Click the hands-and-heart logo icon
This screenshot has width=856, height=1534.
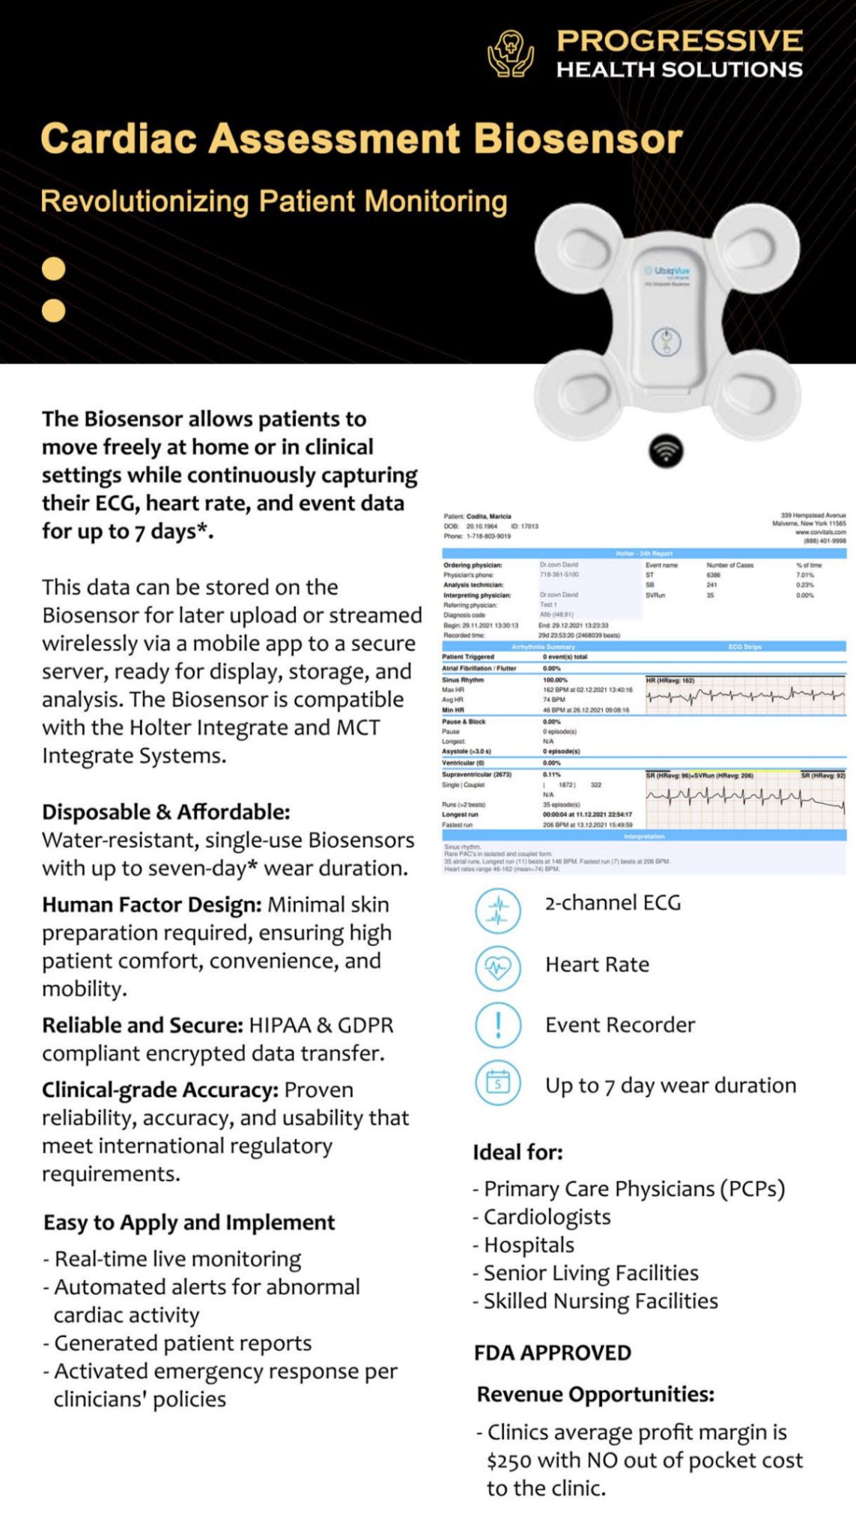tap(511, 54)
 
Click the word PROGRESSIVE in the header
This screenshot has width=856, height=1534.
tap(679, 40)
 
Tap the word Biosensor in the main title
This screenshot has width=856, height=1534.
tap(578, 139)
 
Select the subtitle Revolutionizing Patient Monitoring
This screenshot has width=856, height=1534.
tap(274, 201)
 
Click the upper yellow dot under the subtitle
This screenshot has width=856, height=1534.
tap(53, 269)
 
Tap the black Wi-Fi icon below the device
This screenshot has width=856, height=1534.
tap(665, 451)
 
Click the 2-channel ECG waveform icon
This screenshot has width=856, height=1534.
tap(498, 910)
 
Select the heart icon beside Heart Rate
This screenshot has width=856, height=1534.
tap(498, 967)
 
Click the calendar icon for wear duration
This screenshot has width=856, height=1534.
tap(498, 1083)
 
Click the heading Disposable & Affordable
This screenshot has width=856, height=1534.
tap(166, 812)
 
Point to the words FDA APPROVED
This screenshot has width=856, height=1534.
tap(553, 1353)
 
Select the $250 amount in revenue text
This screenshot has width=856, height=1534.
tap(509, 1461)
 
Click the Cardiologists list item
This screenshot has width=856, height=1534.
tap(547, 1217)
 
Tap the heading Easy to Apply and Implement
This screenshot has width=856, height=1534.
tap(189, 1222)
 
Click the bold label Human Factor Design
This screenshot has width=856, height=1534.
tap(151, 905)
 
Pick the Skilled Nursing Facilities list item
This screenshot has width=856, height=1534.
tap(600, 1301)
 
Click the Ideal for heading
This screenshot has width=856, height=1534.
tap(517, 1152)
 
